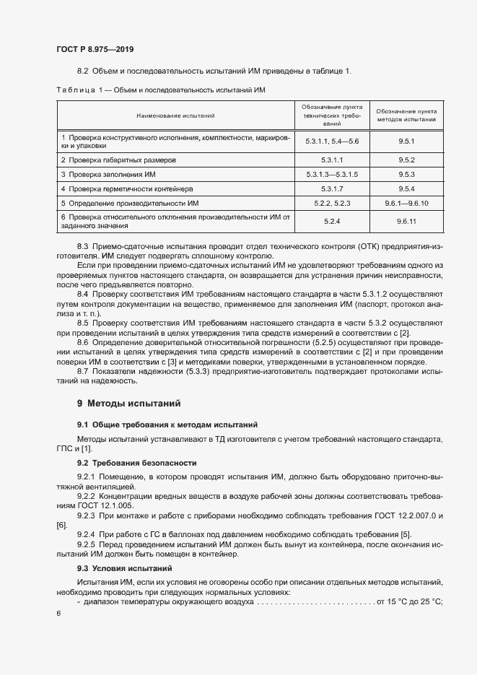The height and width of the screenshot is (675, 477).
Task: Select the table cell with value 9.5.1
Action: pyautogui.click(x=406, y=141)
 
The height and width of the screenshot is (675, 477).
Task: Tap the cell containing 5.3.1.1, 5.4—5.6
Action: pyautogui.click(x=332, y=141)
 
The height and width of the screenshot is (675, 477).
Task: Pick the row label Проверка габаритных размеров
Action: pyautogui.click(x=118, y=160)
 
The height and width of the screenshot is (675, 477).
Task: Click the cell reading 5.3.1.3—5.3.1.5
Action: pyautogui.click(x=332, y=175)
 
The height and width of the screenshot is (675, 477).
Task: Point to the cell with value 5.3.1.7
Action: pyautogui.click(x=332, y=189)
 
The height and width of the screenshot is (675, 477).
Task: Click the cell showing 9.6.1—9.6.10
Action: pyautogui.click(x=406, y=204)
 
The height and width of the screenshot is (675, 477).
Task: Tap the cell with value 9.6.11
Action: pyautogui.click(x=406, y=222)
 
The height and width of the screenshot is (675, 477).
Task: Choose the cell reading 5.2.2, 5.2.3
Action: pyautogui.click(x=332, y=204)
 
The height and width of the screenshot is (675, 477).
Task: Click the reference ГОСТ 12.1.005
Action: pyautogui.click(x=102, y=505)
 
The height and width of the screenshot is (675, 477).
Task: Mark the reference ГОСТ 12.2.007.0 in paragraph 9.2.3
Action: pyautogui.click(x=401, y=515)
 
